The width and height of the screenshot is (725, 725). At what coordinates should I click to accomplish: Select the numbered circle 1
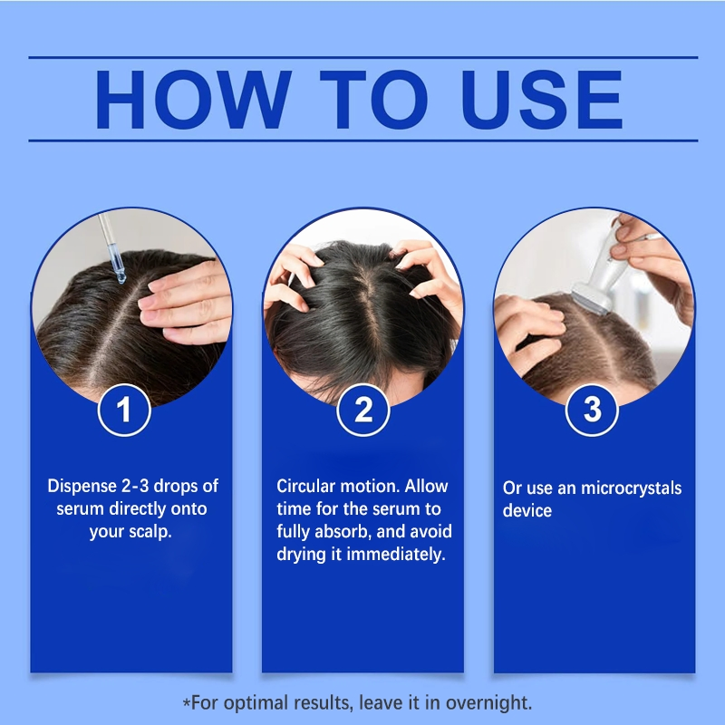124,410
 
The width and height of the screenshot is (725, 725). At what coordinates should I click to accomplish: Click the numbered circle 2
363,410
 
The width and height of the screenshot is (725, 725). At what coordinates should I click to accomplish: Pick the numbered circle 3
592,410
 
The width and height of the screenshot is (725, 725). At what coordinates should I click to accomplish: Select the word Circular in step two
306,487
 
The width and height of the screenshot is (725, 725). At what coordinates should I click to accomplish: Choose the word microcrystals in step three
633,488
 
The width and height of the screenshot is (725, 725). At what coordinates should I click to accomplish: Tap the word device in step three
527,511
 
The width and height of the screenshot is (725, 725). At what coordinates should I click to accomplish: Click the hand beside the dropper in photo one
186,295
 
